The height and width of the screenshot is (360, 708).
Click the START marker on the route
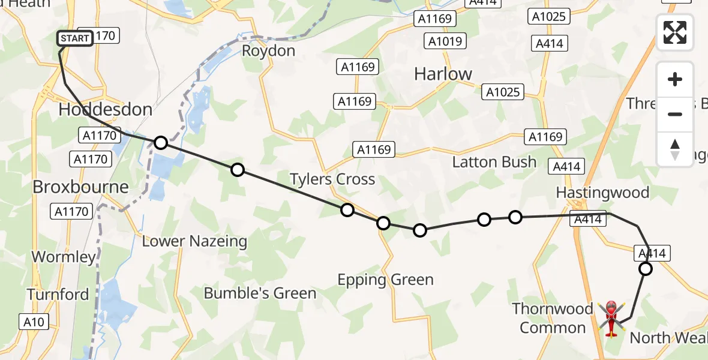tap(75, 38)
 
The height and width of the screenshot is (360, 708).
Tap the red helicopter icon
tap(611, 318)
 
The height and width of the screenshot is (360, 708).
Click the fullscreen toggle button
tap(675, 32)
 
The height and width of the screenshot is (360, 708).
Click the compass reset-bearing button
tap(675, 149)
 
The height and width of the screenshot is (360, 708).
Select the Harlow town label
tap(443, 74)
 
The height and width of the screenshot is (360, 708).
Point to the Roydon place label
tap(268, 51)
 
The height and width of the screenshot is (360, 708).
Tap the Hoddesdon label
tap(105, 110)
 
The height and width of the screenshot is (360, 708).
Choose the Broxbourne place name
tap(80, 187)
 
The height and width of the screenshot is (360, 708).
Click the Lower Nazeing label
tap(194, 241)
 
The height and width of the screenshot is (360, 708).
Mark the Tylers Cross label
tap(332, 179)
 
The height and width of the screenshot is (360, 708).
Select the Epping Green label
tap(385, 280)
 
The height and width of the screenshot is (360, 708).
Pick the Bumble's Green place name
tap(260, 293)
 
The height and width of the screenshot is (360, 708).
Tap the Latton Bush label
tap(494, 162)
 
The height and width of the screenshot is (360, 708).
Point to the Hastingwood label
tap(602, 193)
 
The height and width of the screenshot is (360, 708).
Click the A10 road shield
tap(34, 322)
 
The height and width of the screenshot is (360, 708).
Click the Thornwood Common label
tap(552, 318)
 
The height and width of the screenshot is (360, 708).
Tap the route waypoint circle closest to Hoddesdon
tap(160, 143)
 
